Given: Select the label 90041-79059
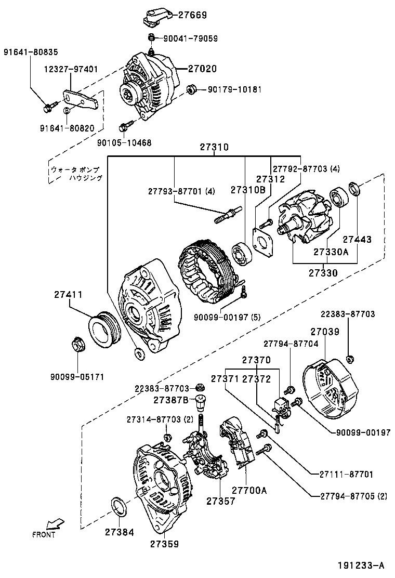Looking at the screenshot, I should point(190,38).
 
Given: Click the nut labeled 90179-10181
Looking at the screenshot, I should point(190,90).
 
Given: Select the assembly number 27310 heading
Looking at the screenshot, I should point(214,148).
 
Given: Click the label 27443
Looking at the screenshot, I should point(357,240).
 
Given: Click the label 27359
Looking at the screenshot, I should point(165,544).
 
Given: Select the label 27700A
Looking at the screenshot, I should point(249,490).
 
